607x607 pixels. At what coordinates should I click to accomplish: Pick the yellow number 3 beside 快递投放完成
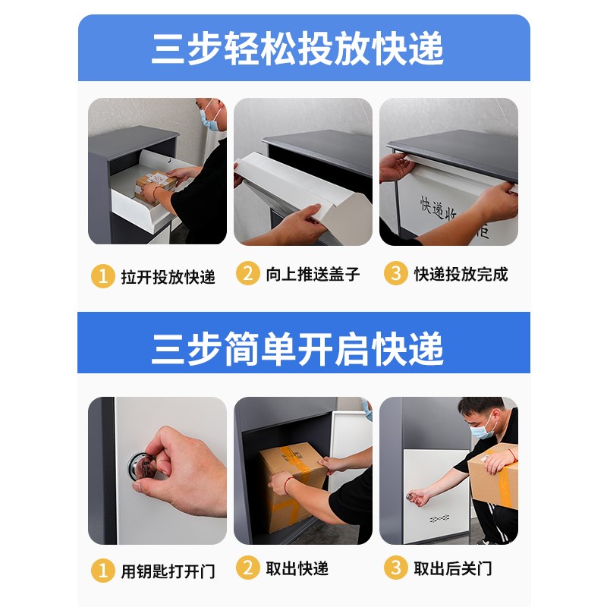(x=395, y=274)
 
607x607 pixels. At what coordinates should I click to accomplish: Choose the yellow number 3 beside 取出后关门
(x=395, y=568)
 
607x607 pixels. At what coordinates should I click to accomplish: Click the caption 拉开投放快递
(x=168, y=276)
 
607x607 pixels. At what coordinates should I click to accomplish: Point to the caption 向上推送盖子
(x=312, y=275)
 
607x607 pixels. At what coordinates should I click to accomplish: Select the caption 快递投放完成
(x=461, y=275)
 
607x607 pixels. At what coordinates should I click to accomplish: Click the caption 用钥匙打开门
(x=168, y=571)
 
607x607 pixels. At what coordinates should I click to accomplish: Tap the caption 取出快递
(x=297, y=569)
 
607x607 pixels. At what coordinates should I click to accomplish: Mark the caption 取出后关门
(x=452, y=569)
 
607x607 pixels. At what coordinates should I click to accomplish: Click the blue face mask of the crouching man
(x=483, y=429)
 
